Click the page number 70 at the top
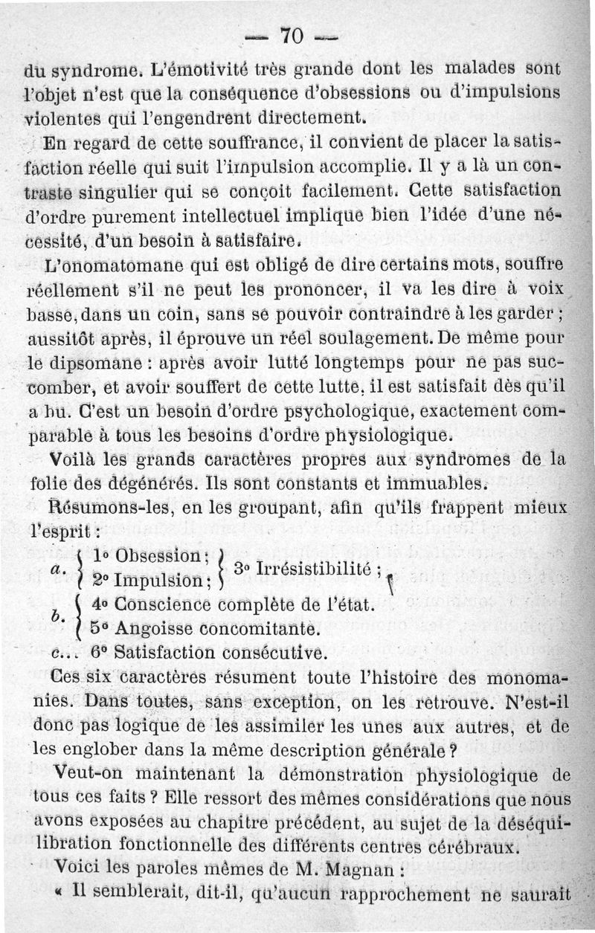point(290,36)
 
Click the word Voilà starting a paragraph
point(73,459)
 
